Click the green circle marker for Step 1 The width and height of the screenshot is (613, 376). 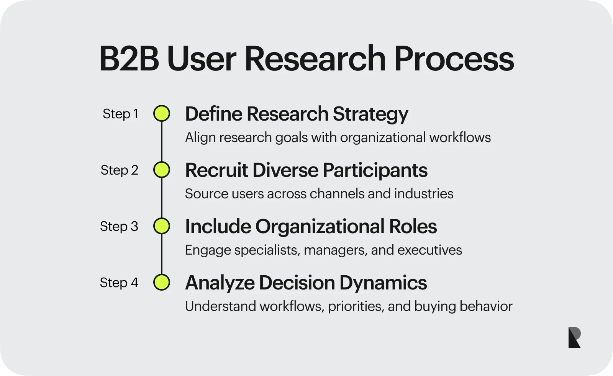[162, 114]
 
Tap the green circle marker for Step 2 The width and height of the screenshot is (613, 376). [162, 170]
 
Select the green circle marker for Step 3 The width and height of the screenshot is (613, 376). [162, 226]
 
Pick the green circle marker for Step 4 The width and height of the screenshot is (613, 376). [162, 283]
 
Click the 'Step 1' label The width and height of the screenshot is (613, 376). [120, 114]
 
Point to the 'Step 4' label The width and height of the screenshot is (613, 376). [119, 283]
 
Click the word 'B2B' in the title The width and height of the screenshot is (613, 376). [129, 59]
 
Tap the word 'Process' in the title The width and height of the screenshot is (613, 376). [454, 59]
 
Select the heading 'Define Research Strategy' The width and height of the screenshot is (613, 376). [296, 114]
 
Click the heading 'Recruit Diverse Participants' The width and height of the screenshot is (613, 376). [306, 170]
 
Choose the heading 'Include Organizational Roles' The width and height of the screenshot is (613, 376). [310, 226]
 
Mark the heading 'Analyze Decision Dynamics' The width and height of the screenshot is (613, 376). [305, 283]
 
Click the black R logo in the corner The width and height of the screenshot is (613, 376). [574, 337]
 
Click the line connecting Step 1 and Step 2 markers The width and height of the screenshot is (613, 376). [162, 142]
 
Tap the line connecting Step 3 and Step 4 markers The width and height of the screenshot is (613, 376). [162, 254]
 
